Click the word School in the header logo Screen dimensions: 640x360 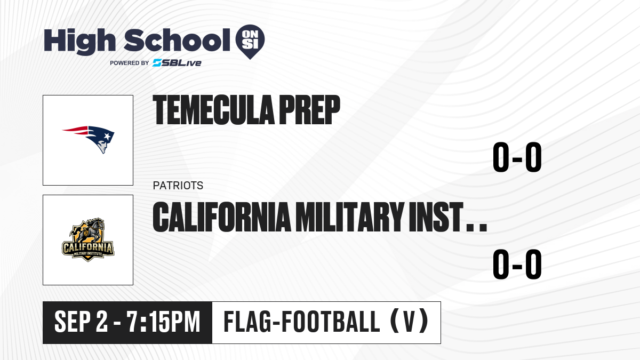tap(177, 40)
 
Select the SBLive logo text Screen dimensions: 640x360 tap(177, 63)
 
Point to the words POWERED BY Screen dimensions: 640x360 tap(130, 63)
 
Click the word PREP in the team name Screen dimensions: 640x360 tap(310, 110)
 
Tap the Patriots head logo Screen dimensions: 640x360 tap(89, 139)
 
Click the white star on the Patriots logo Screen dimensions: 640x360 tap(107, 137)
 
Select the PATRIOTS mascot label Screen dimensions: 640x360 tap(178, 186)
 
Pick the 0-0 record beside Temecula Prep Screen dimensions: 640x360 tap(517, 157)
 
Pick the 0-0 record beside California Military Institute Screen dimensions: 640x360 tap(517, 265)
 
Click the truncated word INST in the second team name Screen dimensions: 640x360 tap(436, 217)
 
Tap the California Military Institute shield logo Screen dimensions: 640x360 tap(88, 240)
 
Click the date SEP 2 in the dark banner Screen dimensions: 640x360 tap(81, 322)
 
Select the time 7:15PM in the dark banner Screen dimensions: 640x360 tap(163, 322)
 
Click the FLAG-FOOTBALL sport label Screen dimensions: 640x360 tap(302, 322)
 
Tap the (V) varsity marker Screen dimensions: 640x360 tap(409, 322)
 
